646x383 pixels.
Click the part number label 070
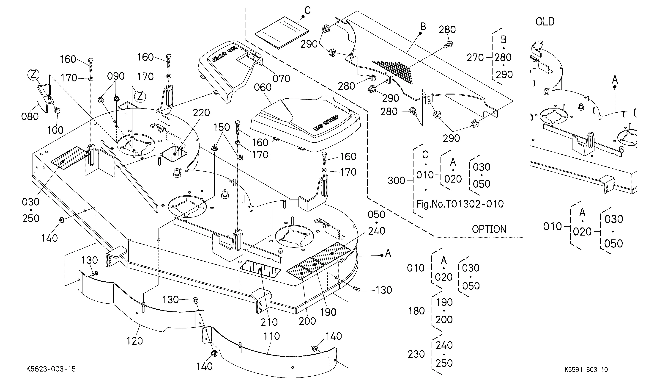pos(281,78)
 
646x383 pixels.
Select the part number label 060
pos(263,87)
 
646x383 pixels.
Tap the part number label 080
pos(30,117)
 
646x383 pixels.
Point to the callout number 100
pos(55,130)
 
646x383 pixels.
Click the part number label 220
pos(201,113)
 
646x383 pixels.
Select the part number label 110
pos(272,336)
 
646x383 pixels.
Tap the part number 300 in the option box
pos(397,181)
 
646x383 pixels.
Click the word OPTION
pos(489,229)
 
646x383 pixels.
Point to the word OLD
pos(545,22)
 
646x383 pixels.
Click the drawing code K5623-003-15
pos(51,369)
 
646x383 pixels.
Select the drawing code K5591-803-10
pos(586,369)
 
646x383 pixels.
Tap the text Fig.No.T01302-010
pos(460,204)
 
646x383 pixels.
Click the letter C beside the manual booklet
pos(307,11)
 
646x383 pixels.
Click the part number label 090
pos(116,76)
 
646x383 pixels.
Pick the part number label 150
pos(222,127)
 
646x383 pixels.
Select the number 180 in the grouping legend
pos(416,311)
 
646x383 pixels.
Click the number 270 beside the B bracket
pos(475,58)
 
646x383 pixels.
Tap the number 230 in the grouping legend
pos(416,354)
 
